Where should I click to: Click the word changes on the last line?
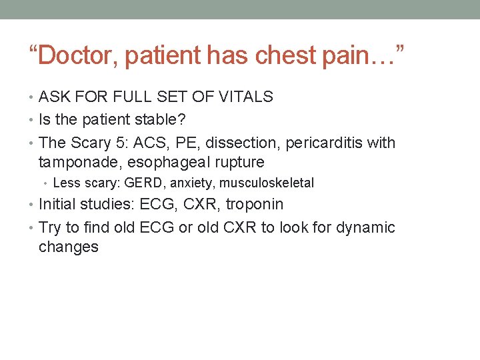click(x=68, y=247)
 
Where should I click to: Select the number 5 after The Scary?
click(x=136, y=143)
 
